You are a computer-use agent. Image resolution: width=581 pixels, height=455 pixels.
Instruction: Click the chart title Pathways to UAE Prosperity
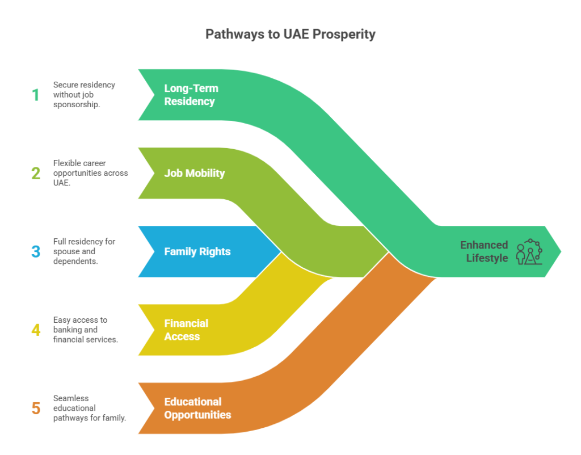(290, 34)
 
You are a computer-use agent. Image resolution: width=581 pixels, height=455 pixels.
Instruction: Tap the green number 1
(36, 95)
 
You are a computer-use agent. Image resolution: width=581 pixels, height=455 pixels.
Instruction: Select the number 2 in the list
(36, 173)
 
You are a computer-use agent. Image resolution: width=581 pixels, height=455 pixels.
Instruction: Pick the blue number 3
(36, 251)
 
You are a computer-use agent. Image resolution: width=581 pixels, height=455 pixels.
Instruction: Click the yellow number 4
(36, 330)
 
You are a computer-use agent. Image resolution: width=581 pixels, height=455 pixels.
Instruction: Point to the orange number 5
(36, 408)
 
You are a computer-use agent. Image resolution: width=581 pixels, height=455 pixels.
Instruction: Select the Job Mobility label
(194, 173)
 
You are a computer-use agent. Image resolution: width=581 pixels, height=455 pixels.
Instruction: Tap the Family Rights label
(197, 251)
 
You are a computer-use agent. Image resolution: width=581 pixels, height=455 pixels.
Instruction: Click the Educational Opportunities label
(197, 408)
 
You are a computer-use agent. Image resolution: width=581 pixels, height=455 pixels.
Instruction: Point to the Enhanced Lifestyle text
(483, 251)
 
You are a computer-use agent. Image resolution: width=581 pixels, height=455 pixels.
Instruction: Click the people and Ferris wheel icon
(529, 251)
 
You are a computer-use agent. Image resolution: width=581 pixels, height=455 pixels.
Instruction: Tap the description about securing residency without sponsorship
(84, 95)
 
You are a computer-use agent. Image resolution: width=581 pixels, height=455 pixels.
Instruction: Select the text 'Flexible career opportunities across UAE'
(90, 173)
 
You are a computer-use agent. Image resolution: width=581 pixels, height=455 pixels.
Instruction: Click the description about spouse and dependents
(84, 251)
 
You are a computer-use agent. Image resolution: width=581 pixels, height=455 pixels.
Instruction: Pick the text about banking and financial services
(85, 330)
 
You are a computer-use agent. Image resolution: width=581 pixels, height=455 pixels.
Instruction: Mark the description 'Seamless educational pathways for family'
(89, 408)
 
